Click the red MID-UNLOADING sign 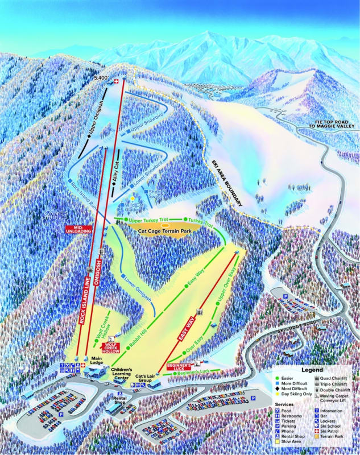tap(78, 229)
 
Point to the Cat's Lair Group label tap(146, 378)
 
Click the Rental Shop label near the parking tap(119, 400)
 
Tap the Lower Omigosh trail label tap(136, 289)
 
